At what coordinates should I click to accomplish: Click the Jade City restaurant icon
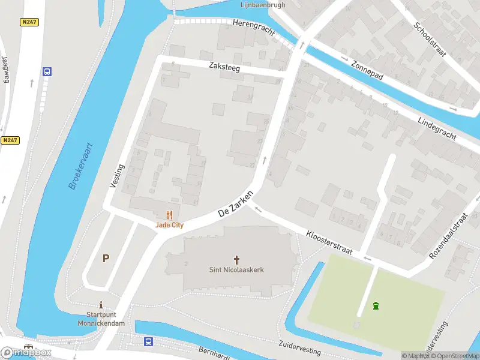[169, 214]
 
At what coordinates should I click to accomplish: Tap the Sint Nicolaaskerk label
[236, 269]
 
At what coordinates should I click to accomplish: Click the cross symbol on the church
[236, 259]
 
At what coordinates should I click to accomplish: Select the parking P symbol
[106, 259]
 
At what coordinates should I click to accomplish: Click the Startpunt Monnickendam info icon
[101, 304]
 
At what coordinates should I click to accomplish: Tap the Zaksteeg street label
[225, 68]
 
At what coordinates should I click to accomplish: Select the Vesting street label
[117, 176]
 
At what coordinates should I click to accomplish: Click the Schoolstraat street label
[430, 39]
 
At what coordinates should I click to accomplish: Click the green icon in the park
[376, 306]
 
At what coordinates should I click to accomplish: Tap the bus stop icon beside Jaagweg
[47, 71]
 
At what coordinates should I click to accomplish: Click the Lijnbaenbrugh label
[262, 5]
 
